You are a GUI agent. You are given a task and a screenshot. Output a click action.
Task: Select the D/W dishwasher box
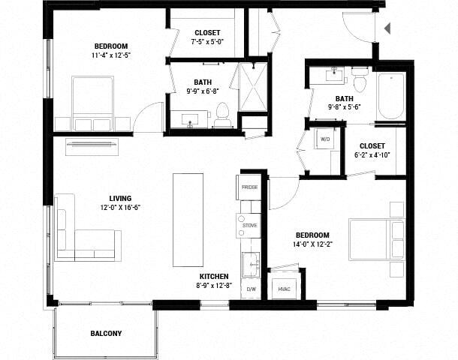[x=251, y=289]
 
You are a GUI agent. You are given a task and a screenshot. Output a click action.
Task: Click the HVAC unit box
[x=284, y=288]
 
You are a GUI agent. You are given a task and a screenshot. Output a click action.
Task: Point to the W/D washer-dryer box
[x=326, y=139]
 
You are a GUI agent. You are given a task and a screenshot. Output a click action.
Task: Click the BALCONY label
[x=106, y=333]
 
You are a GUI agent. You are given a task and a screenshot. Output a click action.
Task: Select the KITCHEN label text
[x=214, y=276]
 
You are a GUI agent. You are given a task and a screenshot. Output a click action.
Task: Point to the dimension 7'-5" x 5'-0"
[x=207, y=42]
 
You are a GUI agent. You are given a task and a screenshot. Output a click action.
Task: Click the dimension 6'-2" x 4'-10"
[x=372, y=155]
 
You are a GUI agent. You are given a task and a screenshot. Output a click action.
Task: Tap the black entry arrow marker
[x=387, y=29]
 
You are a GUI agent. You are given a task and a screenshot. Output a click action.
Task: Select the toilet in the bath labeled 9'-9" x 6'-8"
[x=222, y=115]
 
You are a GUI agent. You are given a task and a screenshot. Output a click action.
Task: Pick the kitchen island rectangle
[x=188, y=219]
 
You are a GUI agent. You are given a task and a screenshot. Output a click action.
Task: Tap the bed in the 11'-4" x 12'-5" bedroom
[x=92, y=103]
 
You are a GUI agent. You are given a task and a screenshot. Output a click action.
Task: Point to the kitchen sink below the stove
[x=251, y=264]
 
